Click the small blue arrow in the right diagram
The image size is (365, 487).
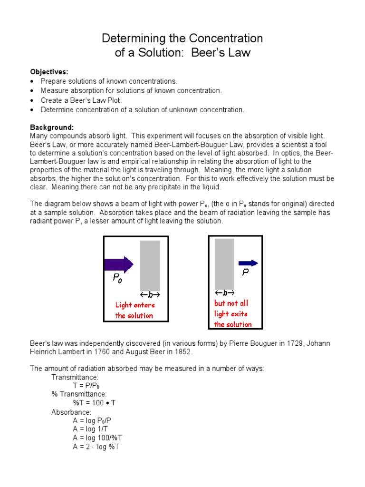pyautogui.click(x=248, y=263)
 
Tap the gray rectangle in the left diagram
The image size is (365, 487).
pyautogui.click(x=150, y=265)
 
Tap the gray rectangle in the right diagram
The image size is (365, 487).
pyautogui.click(x=224, y=263)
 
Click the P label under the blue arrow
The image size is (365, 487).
pyautogui.click(x=245, y=273)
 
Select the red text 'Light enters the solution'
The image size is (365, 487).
pyautogui.click(x=134, y=311)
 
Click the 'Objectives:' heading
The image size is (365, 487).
pyautogui.click(x=49, y=72)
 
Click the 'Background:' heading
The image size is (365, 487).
pyautogui.click(x=52, y=127)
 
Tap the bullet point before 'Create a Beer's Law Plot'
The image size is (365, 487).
pyautogui.click(x=32, y=100)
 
